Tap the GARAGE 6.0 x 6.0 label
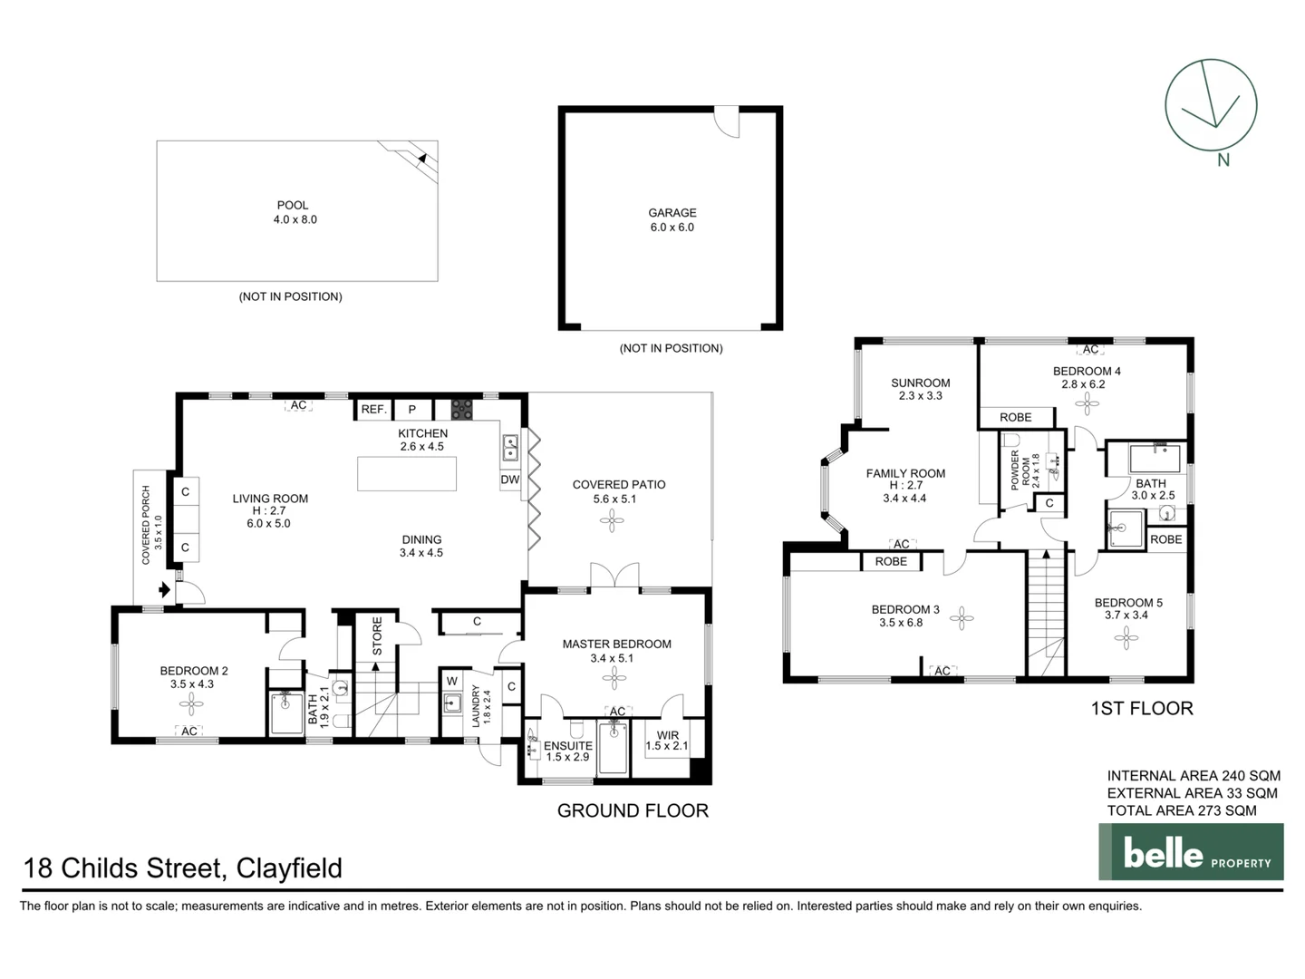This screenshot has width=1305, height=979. pyautogui.click(x=672, y=220)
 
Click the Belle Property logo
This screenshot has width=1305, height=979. pyautogui.click(x=1191, y=851)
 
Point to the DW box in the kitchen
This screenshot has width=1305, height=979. pyautogui.click(x=510, y=480)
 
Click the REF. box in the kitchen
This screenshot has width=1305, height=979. pyautogui.click(x=373, y=410)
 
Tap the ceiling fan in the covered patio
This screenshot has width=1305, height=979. pyautogui.click(x=612, y=519)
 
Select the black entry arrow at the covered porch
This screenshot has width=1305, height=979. pyautogui.click(x=164, y=590)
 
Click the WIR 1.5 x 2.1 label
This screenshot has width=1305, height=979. pyautogui.click(x=666, y=741)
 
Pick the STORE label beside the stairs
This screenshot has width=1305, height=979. pyautogui.click(x=377, y=636)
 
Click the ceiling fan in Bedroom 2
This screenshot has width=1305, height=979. pyautogui.click(x=191, y=704)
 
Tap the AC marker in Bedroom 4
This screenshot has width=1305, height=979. pyautogui.click(x=1090, y=349)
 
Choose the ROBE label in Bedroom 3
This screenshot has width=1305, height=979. pyautogui.click(x=891, y=562)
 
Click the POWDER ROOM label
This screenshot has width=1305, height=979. pyautogui.click(x=1020, y=469)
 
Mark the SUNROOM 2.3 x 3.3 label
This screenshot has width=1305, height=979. pyautogui.click(x=920, y=389)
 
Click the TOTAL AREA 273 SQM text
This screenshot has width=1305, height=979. pyautogui.click(x=1182, y=810)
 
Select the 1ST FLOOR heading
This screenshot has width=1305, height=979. pyautogui.click(x=1141, y=708)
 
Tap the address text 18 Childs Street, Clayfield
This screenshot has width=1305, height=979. pyautogui.click(x=183, y=868)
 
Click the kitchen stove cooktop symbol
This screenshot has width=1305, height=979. pyautogui.click(x=461, y=409)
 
